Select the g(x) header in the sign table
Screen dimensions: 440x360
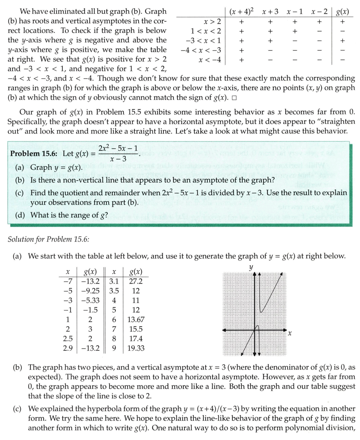[342, 12]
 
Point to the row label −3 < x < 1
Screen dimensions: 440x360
[205, 40]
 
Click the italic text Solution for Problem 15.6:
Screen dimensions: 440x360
[48, 239]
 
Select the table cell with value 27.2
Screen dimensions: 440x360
[135, 281]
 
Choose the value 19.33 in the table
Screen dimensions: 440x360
[135, 349]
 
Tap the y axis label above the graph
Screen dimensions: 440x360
[251, 266]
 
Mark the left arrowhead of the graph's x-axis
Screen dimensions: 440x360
[224, 330]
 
